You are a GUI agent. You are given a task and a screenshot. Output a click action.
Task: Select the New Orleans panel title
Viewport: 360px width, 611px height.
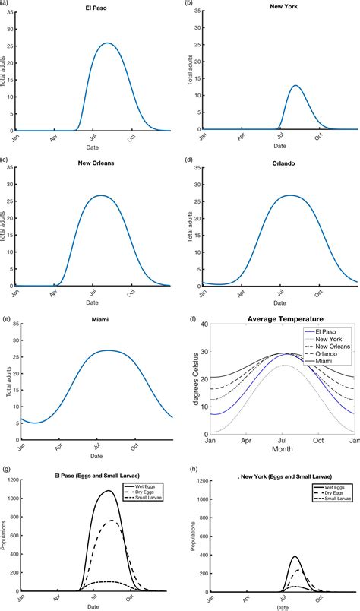pos(95,162)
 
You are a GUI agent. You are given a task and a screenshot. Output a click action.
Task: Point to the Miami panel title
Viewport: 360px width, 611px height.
pos(95,320)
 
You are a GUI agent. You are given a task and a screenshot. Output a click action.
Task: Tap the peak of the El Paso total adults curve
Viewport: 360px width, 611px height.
pos(108,43)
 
